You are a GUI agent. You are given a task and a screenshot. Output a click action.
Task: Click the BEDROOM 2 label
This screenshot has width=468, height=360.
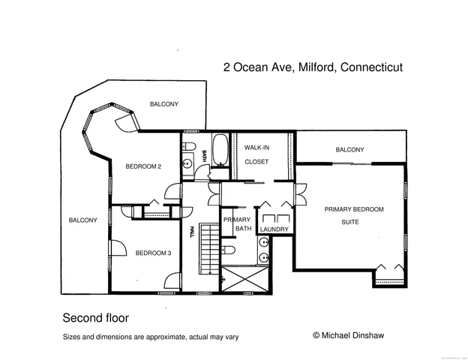(x=143, y=166)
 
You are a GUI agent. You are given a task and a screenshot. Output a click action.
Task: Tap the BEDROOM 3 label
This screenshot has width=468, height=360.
(x=154, y=253)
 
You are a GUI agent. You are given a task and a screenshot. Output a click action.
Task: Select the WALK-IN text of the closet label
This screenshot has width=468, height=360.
(x=256, y=148)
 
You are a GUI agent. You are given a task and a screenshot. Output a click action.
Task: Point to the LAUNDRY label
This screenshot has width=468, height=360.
(x=274, y=229)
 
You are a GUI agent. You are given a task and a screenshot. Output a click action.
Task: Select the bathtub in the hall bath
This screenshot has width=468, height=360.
(x=220, y=149)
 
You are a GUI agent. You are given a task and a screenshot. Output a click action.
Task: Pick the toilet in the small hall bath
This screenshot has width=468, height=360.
(x=190, y=145)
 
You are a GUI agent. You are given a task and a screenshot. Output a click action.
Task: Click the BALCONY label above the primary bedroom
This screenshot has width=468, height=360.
(x=349, y=150)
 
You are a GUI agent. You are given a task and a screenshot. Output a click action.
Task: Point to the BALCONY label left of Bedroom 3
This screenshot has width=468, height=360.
(x=82, y=220)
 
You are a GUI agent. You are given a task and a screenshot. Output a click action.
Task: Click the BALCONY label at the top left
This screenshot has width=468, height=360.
(x=163, y=103)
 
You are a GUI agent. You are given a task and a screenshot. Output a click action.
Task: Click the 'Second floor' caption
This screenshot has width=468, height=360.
(x=95, y=317)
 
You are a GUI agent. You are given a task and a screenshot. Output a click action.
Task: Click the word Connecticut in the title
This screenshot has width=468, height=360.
(x=371, y=67)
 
